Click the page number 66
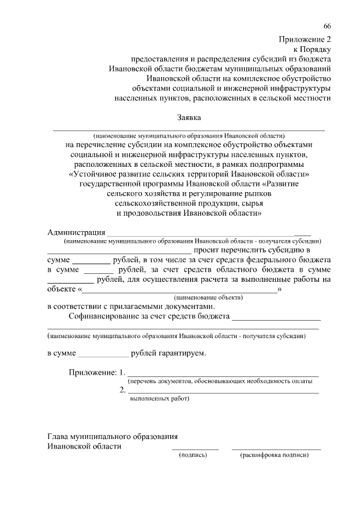(x=327, y=26)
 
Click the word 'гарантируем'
(x=183, y=354)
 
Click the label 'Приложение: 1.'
(x=96, y=373)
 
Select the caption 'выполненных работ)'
(x=160, y=398)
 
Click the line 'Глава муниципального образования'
(x=113, y=436)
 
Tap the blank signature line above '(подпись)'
(x=195, y=449)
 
